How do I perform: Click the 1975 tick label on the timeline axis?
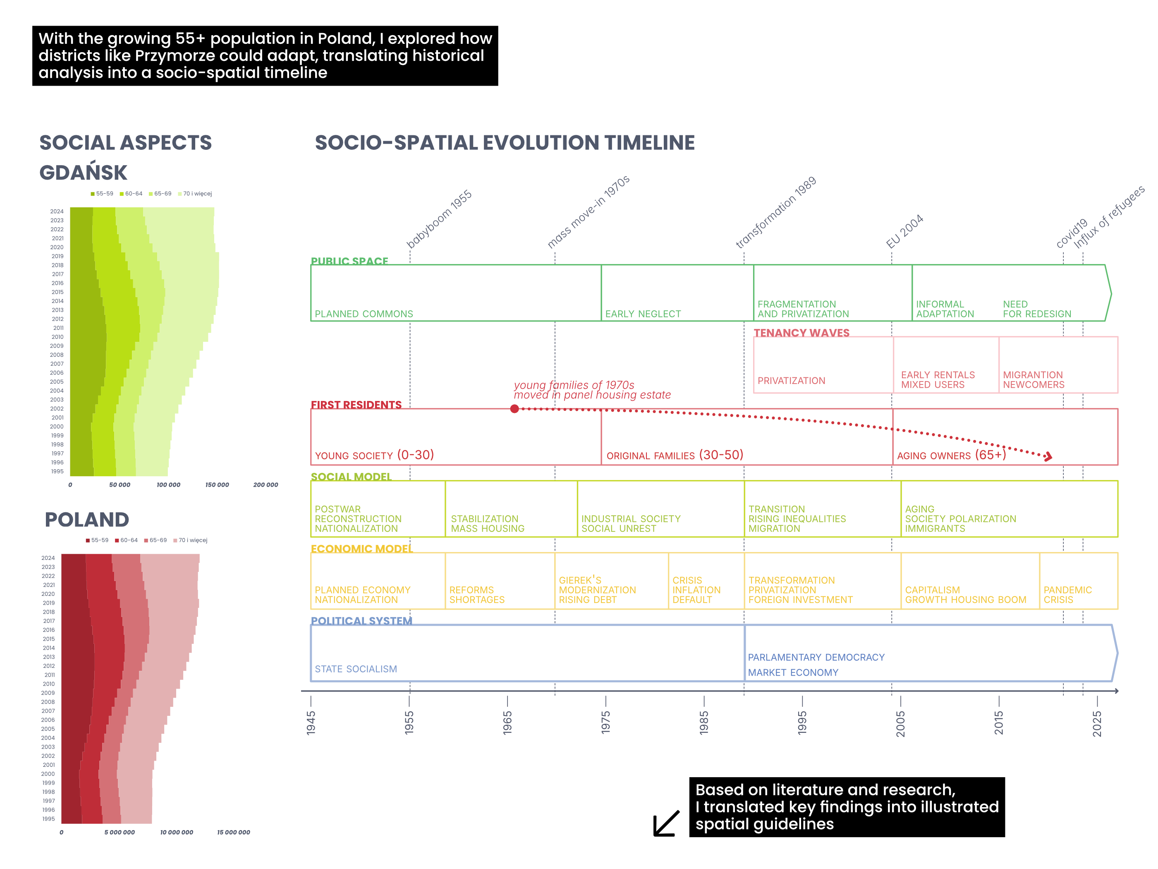(606, 723)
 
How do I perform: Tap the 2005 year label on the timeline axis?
(900, 723)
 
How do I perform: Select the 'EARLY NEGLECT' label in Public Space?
(643, 314)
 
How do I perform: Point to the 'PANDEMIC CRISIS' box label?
(1067, 595)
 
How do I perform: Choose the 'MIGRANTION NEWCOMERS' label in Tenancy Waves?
(1034, 380)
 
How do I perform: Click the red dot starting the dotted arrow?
(514, 408)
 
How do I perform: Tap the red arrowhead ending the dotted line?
(1048, 457)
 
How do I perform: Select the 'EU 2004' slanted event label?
(904, 231)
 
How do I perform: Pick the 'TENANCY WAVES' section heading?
(801, 333)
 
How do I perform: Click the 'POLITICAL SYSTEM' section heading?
(361, 621)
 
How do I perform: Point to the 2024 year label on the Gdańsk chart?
(57, 211)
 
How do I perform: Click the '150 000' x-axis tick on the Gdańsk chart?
(217, 485)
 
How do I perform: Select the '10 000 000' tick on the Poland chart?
(177, 832)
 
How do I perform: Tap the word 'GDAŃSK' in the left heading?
(83, 172)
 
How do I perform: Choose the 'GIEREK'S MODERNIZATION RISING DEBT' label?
(597, 590)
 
